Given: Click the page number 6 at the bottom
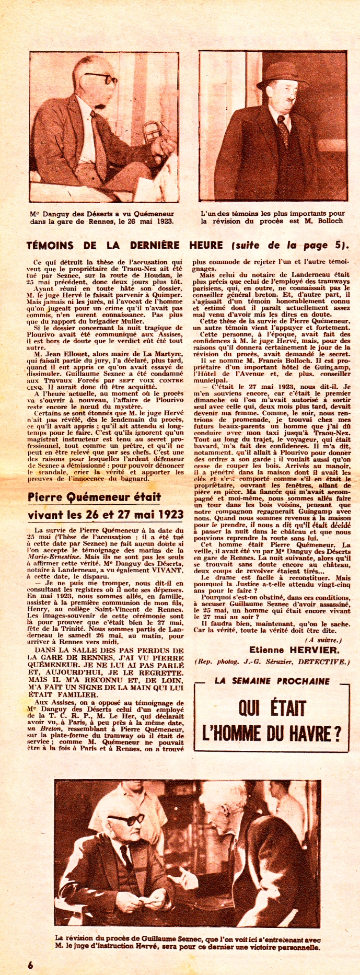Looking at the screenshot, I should pyautogui.click(x=30, y=965).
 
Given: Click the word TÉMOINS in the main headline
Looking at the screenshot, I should pyautogui.click(x=54, y=245).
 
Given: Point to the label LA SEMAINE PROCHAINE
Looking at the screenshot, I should pyautogui.click(x=272, y=681).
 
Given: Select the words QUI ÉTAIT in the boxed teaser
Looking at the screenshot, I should pyautogui.click(x=272, y=709).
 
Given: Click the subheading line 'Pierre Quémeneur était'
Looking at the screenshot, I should pyautogui.click(x=94, y=497).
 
